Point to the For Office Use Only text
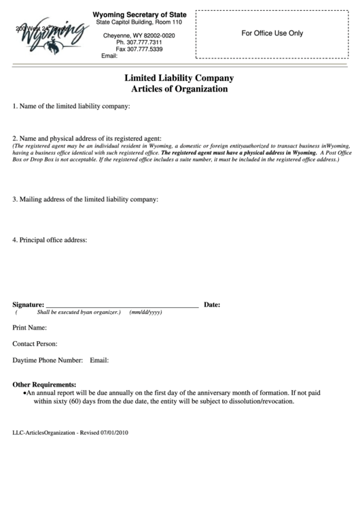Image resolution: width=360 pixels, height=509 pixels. [x=272, y=33]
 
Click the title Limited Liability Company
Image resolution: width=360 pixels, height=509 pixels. [x=179, y=78]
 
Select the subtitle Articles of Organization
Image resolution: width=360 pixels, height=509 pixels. [x=179, y=89]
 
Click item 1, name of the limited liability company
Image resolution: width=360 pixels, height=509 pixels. [x=71, y=107]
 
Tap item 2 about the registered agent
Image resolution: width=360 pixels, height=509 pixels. [x=86, y=138]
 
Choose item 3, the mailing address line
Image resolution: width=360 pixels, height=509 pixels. [x=86, y=199]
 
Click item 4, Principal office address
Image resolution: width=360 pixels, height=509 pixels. [x=50, y=240]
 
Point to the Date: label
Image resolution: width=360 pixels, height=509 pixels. [x=212, y=304]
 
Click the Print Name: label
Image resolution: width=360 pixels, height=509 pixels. [x=29, y=328]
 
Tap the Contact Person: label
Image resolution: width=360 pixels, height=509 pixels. [x=35, y=344]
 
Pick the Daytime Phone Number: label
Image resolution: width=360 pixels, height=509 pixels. [x=48, y=360]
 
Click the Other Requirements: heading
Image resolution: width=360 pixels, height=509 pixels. [x=44, y=384]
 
